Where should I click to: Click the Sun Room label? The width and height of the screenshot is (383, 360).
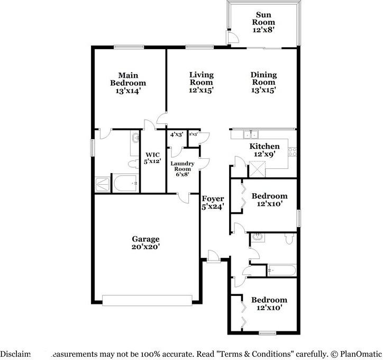(263, 19)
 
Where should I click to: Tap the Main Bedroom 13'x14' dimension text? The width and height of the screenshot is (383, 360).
(128, 91)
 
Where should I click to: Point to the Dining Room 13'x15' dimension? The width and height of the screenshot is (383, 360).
(263, 90)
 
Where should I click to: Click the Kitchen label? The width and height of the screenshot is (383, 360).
(265, 146)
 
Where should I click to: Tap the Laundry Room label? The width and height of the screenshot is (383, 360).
(183, 167)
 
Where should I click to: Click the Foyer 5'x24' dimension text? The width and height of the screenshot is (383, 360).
(213, 207)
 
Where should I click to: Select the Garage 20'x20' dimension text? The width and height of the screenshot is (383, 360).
(145, 247)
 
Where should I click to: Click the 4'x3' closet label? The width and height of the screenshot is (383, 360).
(177, 134)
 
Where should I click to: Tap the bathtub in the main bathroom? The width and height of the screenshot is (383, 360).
(125, 183)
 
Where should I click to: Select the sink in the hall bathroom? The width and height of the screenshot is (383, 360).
(258, 237)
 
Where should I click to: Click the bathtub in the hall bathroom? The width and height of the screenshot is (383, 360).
(279, 270)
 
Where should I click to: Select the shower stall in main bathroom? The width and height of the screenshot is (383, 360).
(102, 184)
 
